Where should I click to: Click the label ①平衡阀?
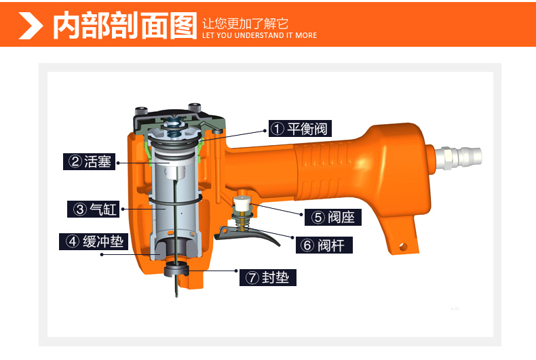tap(299, 128)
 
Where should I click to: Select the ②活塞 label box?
tap(90, 162)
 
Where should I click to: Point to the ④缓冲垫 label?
tap(95, 241)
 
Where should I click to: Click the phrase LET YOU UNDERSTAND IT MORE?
tap(259, 35)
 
